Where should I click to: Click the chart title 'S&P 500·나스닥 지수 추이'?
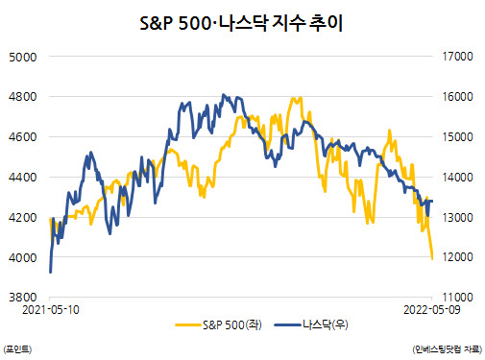coord(241,23)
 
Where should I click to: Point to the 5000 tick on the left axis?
coord(23,58)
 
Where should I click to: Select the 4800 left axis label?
coord(23,97)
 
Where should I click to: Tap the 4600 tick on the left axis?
coord(23,137)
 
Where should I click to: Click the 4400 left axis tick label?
coord(23,177)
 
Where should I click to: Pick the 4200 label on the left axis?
coord(23,217)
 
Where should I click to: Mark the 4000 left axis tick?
coord(23,257)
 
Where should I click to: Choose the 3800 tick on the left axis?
coord(23,298)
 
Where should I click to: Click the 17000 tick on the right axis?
coord(457,57)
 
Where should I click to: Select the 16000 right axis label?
coord(457,97)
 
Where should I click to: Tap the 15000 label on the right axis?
coord(457,137)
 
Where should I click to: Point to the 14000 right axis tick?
coord(457,177)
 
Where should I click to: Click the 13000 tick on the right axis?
coord(457,217)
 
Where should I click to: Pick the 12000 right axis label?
coord(457,256)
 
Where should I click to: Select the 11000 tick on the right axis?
coord(457,298)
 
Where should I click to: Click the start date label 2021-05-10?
coord(51,310)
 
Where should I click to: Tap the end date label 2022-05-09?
coord(432,310)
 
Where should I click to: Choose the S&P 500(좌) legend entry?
coord(219,325)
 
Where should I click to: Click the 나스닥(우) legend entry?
coord(311,325)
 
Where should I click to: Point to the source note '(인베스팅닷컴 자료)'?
coord(448,349)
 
